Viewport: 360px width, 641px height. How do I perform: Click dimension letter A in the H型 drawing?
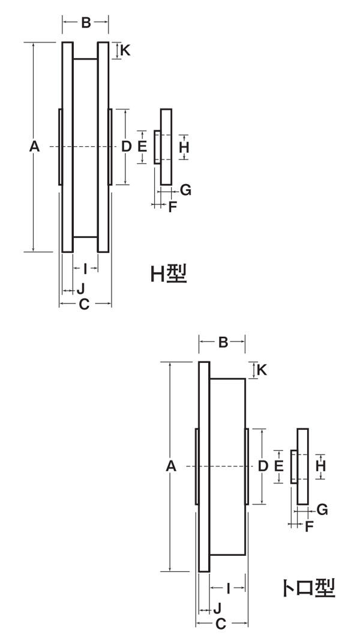[35, 146]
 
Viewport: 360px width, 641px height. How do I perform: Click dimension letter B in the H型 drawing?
[86, 23]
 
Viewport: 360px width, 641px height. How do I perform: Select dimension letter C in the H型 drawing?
[85, 305]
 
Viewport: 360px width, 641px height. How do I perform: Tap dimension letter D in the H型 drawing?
[126, 146]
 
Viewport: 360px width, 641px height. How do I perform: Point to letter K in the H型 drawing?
[125, 50]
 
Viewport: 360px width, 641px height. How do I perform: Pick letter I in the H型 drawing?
[85, 268]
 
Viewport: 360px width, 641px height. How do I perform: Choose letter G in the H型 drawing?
[185, 190]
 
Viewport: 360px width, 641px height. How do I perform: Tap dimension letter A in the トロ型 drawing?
[172, 466]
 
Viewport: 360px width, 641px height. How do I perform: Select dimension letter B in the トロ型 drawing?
[222, 342]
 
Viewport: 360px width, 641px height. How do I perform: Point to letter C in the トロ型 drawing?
[221, 624]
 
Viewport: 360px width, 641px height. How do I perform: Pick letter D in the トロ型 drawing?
[263, 465]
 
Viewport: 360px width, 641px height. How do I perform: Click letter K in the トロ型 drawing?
[262, 370]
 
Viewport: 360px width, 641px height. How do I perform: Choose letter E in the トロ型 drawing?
[278, 466]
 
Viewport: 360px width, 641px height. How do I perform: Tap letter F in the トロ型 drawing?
[310, 527]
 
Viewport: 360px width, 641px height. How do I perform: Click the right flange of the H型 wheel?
[103, 146]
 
